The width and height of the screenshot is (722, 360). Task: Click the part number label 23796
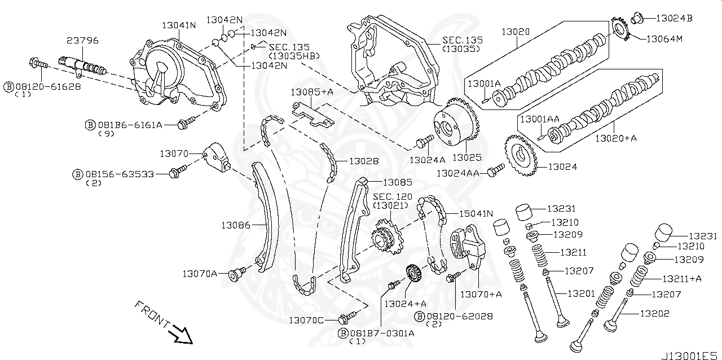(x=82, y=41)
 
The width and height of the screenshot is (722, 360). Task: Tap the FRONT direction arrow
(x=182, y=334)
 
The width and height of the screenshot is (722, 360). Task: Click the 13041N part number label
(x=179, y=25)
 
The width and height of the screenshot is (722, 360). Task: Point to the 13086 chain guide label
(x=235, y=225)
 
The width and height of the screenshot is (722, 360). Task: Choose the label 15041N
(x=476, y=213)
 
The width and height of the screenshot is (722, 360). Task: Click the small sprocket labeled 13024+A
(x=413, y=276)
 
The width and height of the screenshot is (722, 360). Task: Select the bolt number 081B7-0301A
(x=382, y=333)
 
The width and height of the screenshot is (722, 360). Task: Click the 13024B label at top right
(x=674, y=17)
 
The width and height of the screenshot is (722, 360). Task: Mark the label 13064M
(x=664, y=39)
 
